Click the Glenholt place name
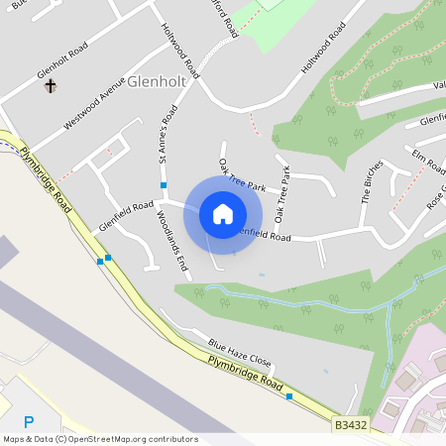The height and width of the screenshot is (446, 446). click(x=158, y=83)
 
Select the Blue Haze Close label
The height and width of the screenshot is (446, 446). click(x=239, y=352)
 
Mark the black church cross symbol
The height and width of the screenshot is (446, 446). click(x=51, y=86)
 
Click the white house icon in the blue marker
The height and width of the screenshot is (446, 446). click(x=223, y=214)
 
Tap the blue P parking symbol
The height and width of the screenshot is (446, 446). click(x=29, y=421)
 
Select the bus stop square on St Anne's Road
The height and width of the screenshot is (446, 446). click(x=164, y=185)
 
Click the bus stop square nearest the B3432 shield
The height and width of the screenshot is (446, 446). click(x=289, y=396)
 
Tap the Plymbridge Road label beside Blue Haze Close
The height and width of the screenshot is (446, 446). click(x=247, y=375)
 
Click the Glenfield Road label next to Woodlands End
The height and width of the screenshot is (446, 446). click(x=126, y=216)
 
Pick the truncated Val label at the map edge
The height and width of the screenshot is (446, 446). click(x=437, y=85)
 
